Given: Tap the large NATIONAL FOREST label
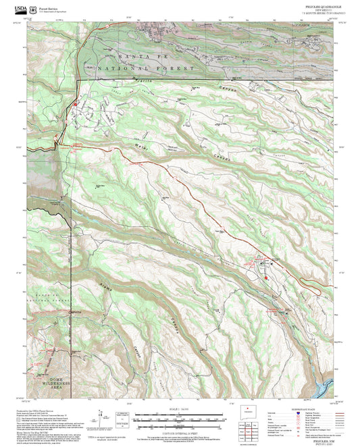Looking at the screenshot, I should pos(146,69).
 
